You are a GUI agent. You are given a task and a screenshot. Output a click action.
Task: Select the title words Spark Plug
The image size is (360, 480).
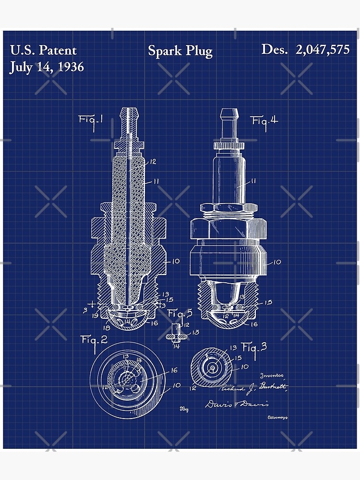(x=180, y=51)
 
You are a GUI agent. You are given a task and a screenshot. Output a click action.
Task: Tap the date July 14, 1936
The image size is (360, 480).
(x=47, y=67)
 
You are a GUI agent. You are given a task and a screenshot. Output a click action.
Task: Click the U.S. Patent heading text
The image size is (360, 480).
(x=43, y=50)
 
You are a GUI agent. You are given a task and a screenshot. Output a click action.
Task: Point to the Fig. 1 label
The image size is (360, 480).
(x=91, y=120)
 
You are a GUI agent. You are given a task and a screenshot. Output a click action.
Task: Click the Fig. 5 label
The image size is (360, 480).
(x=180, y=314)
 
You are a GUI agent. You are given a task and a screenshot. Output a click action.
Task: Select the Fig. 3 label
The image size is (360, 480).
(x=254, y=347)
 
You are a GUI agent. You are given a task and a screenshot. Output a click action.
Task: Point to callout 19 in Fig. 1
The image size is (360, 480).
(x=96, y=316)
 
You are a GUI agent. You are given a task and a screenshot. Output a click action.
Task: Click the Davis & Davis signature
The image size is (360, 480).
(x=237, y=404)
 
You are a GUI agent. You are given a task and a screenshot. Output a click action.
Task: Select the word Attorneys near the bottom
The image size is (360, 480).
(x=277, y=418)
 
